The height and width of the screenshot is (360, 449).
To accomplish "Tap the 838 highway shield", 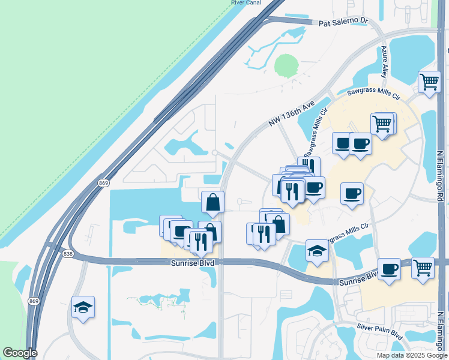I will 68,254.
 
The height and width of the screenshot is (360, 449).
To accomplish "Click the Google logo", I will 20,353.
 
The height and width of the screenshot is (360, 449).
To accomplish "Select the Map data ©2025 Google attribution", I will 412,355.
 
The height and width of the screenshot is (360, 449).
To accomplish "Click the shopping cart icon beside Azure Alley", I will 429,82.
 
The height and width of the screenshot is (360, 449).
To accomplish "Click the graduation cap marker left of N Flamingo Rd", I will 317,250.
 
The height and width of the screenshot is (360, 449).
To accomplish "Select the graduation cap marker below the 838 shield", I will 82,308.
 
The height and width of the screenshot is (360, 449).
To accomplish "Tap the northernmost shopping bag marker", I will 213,202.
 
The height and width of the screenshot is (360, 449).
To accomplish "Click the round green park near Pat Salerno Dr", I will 286,65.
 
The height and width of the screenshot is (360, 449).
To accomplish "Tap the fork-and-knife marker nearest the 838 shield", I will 200,240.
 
